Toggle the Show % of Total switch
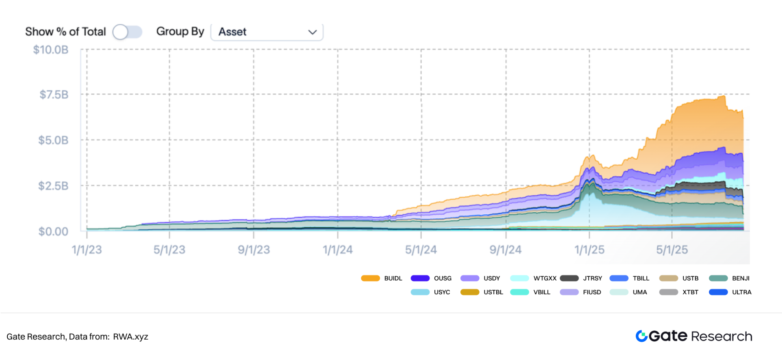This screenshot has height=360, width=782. pyautogui.click(x=127, y=32)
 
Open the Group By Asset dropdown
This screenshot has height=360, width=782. pyautogui.click(x=267, y=32)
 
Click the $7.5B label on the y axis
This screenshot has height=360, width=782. pyautogui.click(x=54, y=95)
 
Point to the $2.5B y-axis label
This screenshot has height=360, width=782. pyautogui.click(x=53, y=186)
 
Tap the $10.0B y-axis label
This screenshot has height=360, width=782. pyautogui.click(x=51, y=50)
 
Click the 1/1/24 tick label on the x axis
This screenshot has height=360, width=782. pyautogui.click(x=337, y=250)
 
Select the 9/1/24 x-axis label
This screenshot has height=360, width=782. pyautogui.click(x=505, y=250)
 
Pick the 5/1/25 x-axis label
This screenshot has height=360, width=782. pyautogui.click(x=672, y=250)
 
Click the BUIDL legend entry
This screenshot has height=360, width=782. pyautogui.click(x=382, y=278)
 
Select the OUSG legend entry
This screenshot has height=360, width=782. pyautogui.click(x=431, y=278)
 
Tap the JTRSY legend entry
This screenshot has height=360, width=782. pyautogui.click(x=581, y=278)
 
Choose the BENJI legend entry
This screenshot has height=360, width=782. pyautogui.click(x=729, y=278)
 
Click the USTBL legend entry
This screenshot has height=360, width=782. pyautogui.click(x=482, y=292)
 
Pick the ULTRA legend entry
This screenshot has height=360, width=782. pyautogui.click(x=730, y=292)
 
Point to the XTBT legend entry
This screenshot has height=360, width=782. pyautogui.click(x=679, y=292)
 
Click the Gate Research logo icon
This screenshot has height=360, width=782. pyautogui.click(x=642, y=336)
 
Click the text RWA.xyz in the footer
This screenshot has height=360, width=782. pyautogui.click(x=130, y=337)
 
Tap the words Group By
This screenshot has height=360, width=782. pyautogui.click(x=180, y=32)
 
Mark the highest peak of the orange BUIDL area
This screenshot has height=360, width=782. pyautogui.click(x=724, y=96)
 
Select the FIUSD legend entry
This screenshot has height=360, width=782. pyautogui.click(x=581, y=292)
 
